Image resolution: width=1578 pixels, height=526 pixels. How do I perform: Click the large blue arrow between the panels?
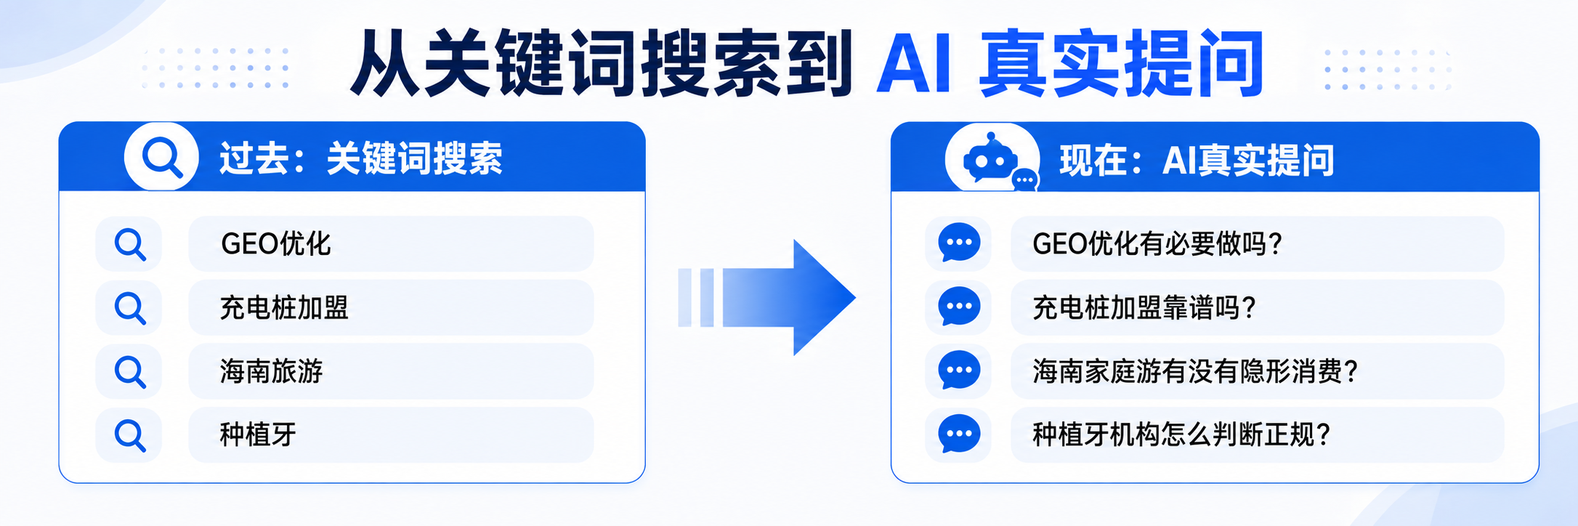pos(770,297)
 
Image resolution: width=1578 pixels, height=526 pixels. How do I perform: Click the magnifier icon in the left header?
pos(161,157)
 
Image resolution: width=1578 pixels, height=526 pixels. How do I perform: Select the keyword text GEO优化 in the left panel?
pos(275,244)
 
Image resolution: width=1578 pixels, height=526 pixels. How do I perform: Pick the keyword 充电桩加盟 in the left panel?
pos(284,308)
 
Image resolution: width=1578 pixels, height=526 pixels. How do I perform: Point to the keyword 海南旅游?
pos(271,371)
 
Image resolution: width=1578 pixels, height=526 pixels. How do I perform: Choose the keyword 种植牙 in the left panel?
pos(258,434)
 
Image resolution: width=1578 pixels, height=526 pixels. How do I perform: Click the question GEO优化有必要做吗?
pos(1157,244)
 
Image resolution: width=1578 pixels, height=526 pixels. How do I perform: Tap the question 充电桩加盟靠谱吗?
pos(1144,308)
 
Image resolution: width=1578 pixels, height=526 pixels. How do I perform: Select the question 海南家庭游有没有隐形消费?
pos(1195,371)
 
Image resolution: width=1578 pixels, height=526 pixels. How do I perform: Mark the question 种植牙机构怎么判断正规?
pos(1181,434)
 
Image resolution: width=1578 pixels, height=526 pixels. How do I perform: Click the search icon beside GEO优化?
pos(130,245)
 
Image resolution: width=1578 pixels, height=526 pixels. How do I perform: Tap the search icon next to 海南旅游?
pos(130,372)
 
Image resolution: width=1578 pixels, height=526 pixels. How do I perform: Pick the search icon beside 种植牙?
pos(130,435)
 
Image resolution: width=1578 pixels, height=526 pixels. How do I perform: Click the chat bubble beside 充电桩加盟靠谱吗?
pos(959,307)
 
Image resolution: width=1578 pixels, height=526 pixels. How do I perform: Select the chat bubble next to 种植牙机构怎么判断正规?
pos(959,434)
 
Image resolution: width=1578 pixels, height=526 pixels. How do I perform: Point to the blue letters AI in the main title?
pos(914,64)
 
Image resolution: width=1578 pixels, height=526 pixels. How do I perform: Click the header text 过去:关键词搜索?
pos(361,158)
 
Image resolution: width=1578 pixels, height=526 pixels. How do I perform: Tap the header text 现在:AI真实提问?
pos(1197,161)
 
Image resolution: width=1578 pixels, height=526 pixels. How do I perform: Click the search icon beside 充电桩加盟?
pos(130,308)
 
